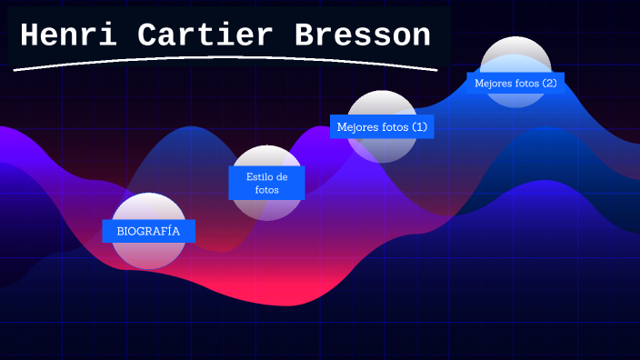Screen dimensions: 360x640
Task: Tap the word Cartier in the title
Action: [205, 36]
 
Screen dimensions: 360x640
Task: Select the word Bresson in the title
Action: [362, 36]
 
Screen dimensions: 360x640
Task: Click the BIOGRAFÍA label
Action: [148, 231]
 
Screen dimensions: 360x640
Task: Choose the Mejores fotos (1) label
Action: [382, 127]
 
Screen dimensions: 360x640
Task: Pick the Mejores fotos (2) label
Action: [515, 84]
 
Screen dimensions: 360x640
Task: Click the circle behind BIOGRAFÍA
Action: [148, 255]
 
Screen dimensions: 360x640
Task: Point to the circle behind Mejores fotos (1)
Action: [383, 150]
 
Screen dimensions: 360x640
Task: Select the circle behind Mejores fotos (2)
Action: [515, 55]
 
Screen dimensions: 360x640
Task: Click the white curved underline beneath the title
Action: [227, 60]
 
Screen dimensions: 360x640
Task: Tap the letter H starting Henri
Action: [30, 36]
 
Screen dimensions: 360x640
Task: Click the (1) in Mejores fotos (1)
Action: [418, 127]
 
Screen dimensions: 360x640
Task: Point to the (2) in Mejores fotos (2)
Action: [549, 84]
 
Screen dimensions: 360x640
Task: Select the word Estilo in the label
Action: [259, 177]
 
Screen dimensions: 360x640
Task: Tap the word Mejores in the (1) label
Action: [356, 127]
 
